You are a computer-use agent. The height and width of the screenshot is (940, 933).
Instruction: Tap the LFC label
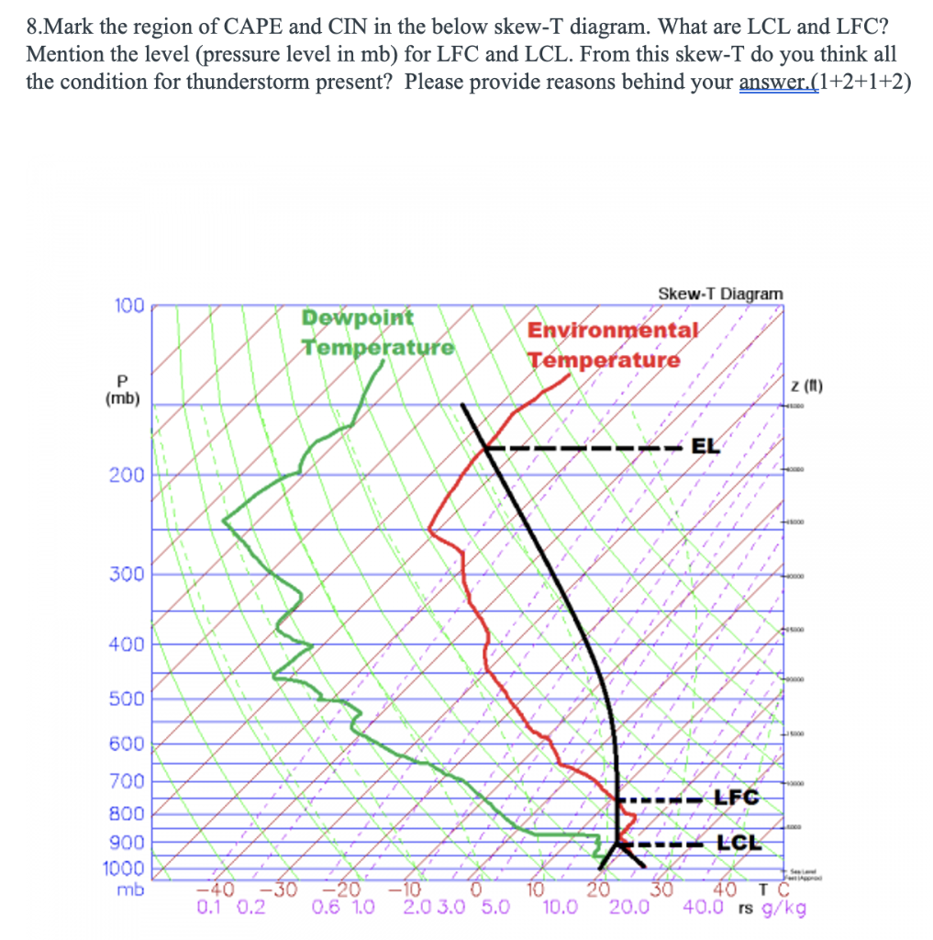pyautogui.click(x=737, y=798)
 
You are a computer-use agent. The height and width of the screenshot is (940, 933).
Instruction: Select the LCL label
pyautogui.click(x=739, y=843)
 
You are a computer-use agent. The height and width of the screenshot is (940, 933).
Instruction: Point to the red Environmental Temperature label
pyautogui.click(x=611, y=345)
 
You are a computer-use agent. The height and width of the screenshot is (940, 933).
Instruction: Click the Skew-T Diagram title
pyautogui.click(x=720, y=294)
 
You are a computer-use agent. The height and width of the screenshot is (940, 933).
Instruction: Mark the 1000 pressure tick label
pyautogui.click(x=127, y=868)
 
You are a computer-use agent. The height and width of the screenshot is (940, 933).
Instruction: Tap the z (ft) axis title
pyautogui.click(x=808, y=386)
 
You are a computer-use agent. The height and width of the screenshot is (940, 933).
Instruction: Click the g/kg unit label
pyautogui.click(x=787, y=908)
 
